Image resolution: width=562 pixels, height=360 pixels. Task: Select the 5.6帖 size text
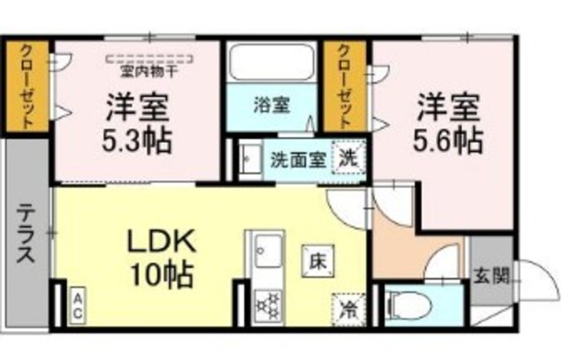(x=447, y=138)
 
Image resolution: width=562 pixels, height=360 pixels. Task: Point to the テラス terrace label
(x=26, y=236)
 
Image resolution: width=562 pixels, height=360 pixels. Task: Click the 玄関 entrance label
(x=490, y=275)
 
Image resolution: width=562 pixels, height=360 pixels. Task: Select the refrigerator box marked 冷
(x=349, y=309)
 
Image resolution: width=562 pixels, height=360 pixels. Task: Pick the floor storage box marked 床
(x=315, y=260)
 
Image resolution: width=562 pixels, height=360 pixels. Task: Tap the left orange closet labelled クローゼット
(x=28, y=88)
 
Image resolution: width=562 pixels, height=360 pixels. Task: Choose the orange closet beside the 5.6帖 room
(x=348, y=88)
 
